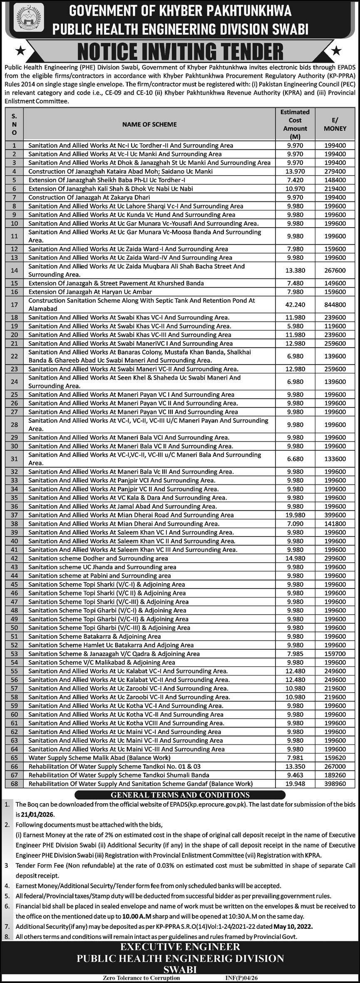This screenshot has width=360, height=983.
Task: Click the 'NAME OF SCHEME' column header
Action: pos(149,124)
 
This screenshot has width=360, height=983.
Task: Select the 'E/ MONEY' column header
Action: pos(335,124)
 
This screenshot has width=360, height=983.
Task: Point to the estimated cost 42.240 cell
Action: pos(295,305)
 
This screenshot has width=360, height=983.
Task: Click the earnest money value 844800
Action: pos(335,305)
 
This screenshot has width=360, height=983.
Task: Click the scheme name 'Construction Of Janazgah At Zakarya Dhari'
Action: pos(89,197)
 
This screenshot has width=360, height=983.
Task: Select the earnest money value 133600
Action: pos(335,459)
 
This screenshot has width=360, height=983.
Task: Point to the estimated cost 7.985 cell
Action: pos(295,654)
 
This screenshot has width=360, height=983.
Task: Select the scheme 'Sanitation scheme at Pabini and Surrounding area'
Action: pos(99,576)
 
